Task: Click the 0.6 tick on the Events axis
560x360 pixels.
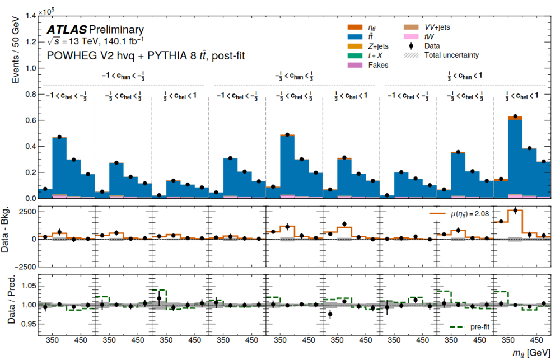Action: click(x=30, y=120)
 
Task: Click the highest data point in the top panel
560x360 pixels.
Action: click(x=515, y=116)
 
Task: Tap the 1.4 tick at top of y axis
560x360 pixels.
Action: click(x=30, y=16)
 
